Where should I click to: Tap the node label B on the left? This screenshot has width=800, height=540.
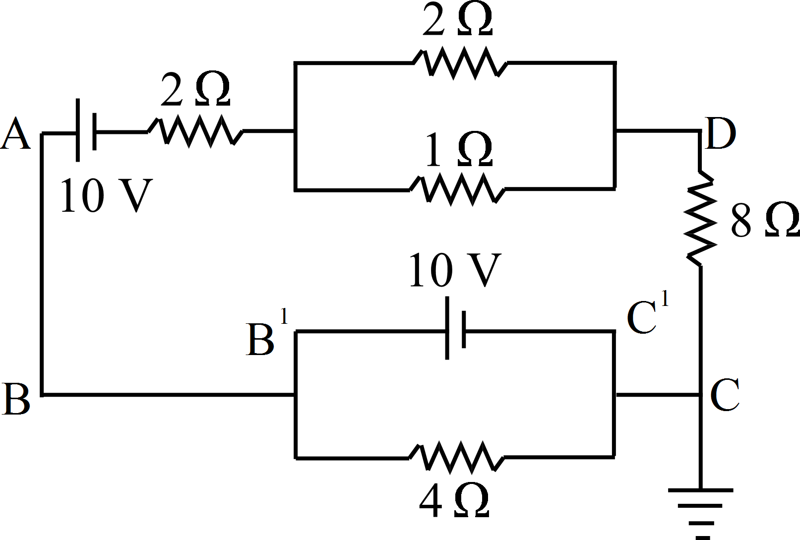tap(16, 399)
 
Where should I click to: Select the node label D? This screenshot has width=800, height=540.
tap(720, 134)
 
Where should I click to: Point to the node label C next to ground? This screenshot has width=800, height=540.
tap(725, 395)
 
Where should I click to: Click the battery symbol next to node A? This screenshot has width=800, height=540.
tap(86, 131)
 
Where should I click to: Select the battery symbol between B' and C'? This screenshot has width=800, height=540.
tap(455, 329)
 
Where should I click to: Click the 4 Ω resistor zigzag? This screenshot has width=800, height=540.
tap(457, 456)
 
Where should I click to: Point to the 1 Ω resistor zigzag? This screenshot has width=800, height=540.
tap(458, 188)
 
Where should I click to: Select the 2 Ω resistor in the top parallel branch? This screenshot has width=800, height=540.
tap(460, 63)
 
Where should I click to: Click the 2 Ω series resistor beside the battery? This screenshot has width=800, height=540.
tap(195, 131)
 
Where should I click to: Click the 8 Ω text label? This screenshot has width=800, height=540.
tap(764, 220)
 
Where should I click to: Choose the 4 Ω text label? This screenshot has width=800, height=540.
tap(454, 501)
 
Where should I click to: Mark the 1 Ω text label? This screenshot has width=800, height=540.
tap(458, 149)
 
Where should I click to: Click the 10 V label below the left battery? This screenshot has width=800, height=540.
tap(105, 196)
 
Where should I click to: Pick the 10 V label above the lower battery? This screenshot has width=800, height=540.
tap(454, 271)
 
